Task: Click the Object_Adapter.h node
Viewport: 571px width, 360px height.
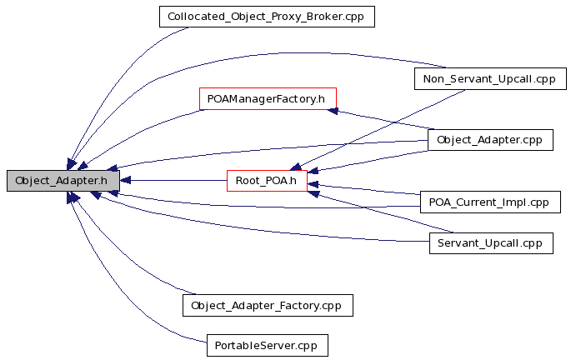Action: pos(63,181)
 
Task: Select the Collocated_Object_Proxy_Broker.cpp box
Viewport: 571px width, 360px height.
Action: pos(267,17)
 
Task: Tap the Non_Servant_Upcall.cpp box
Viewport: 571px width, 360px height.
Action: pos(490,78)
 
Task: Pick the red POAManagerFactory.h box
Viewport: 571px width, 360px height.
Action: pos(268,98)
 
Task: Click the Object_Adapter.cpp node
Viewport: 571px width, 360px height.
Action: pos(490,140)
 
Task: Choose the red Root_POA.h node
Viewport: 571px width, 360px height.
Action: pos(267,181)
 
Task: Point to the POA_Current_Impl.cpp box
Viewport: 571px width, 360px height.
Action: pos(490,202)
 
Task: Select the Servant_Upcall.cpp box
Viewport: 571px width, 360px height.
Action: pos(491,243)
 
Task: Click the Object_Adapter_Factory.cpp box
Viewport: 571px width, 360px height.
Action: pos(268,305)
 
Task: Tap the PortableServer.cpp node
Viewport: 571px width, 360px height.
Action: pos(268,346)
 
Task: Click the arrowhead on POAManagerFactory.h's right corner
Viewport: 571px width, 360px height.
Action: pos(333,110)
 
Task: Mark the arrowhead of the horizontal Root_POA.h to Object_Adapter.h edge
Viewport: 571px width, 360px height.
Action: pos(125,181)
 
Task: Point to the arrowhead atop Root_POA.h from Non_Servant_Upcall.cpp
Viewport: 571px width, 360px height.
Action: pos(295,167)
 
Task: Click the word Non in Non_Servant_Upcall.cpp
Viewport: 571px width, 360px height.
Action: pos(432,79)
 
